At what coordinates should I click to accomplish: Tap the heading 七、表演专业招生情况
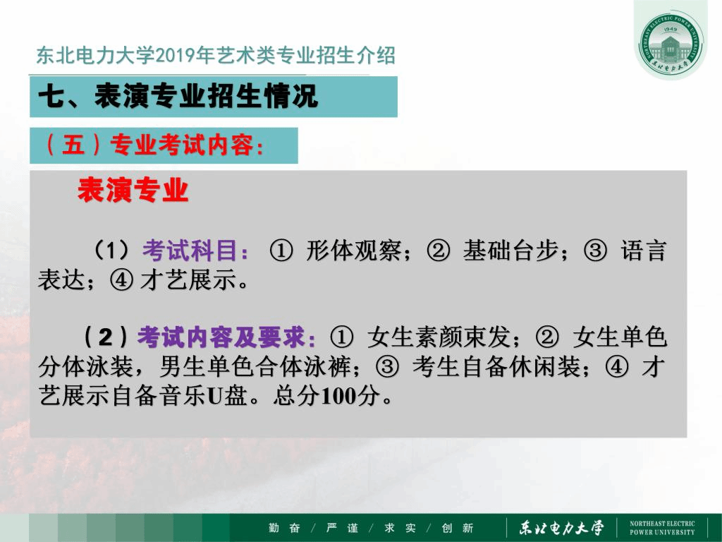pyautogui.click(x=178, y=96)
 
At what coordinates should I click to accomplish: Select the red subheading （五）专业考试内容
pyautogui.click(x=154, y=145)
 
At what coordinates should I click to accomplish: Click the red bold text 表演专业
pyautogui.click(x=133, y=190)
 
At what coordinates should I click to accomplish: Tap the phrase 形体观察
pyautogui.click(x=354, y=251)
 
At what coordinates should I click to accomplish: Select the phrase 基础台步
pyautogui.click(x=510, y=251)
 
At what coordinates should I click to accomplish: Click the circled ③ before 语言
pyautogui.click(x=595, y=251)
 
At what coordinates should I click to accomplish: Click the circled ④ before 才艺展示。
pyautogui.click(x=121, y=279)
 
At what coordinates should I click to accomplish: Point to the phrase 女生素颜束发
pyautogui.click(x=439, y=337)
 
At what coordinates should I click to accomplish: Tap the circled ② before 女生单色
pyautogui.click(x=547, y=337)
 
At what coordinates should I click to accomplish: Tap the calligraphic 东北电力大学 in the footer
pyautogui.click(x=561, y=528)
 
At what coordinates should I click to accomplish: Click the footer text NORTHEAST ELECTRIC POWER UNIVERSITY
pyautogui.click(x=662, y=528)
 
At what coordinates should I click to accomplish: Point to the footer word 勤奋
pyautogui.click(x=284, y=528)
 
